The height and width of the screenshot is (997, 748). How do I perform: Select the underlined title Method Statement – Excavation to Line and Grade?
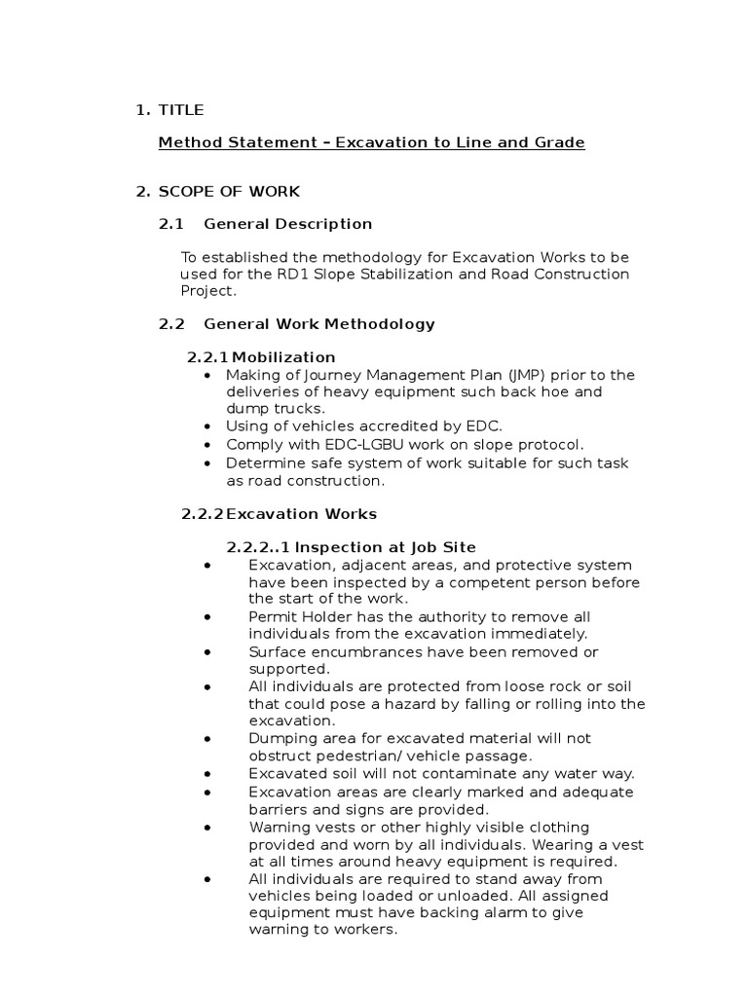(x=371, y=142)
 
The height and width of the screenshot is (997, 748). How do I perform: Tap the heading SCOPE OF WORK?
(x=230, y=192)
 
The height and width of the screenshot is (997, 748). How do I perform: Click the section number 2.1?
(x=171, y=224)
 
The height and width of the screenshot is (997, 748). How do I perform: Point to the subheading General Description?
(x=287, y=224)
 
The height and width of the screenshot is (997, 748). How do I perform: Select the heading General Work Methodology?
(x=319, y=323)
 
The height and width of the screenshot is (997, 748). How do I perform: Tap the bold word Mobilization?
(x=280, y=357)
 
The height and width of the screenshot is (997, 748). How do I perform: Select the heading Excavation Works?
(x=301, y=513)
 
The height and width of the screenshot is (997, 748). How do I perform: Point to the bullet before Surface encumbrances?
(x=208, y=651)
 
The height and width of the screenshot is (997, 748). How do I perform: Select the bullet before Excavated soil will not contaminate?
(x=208, y=774)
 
